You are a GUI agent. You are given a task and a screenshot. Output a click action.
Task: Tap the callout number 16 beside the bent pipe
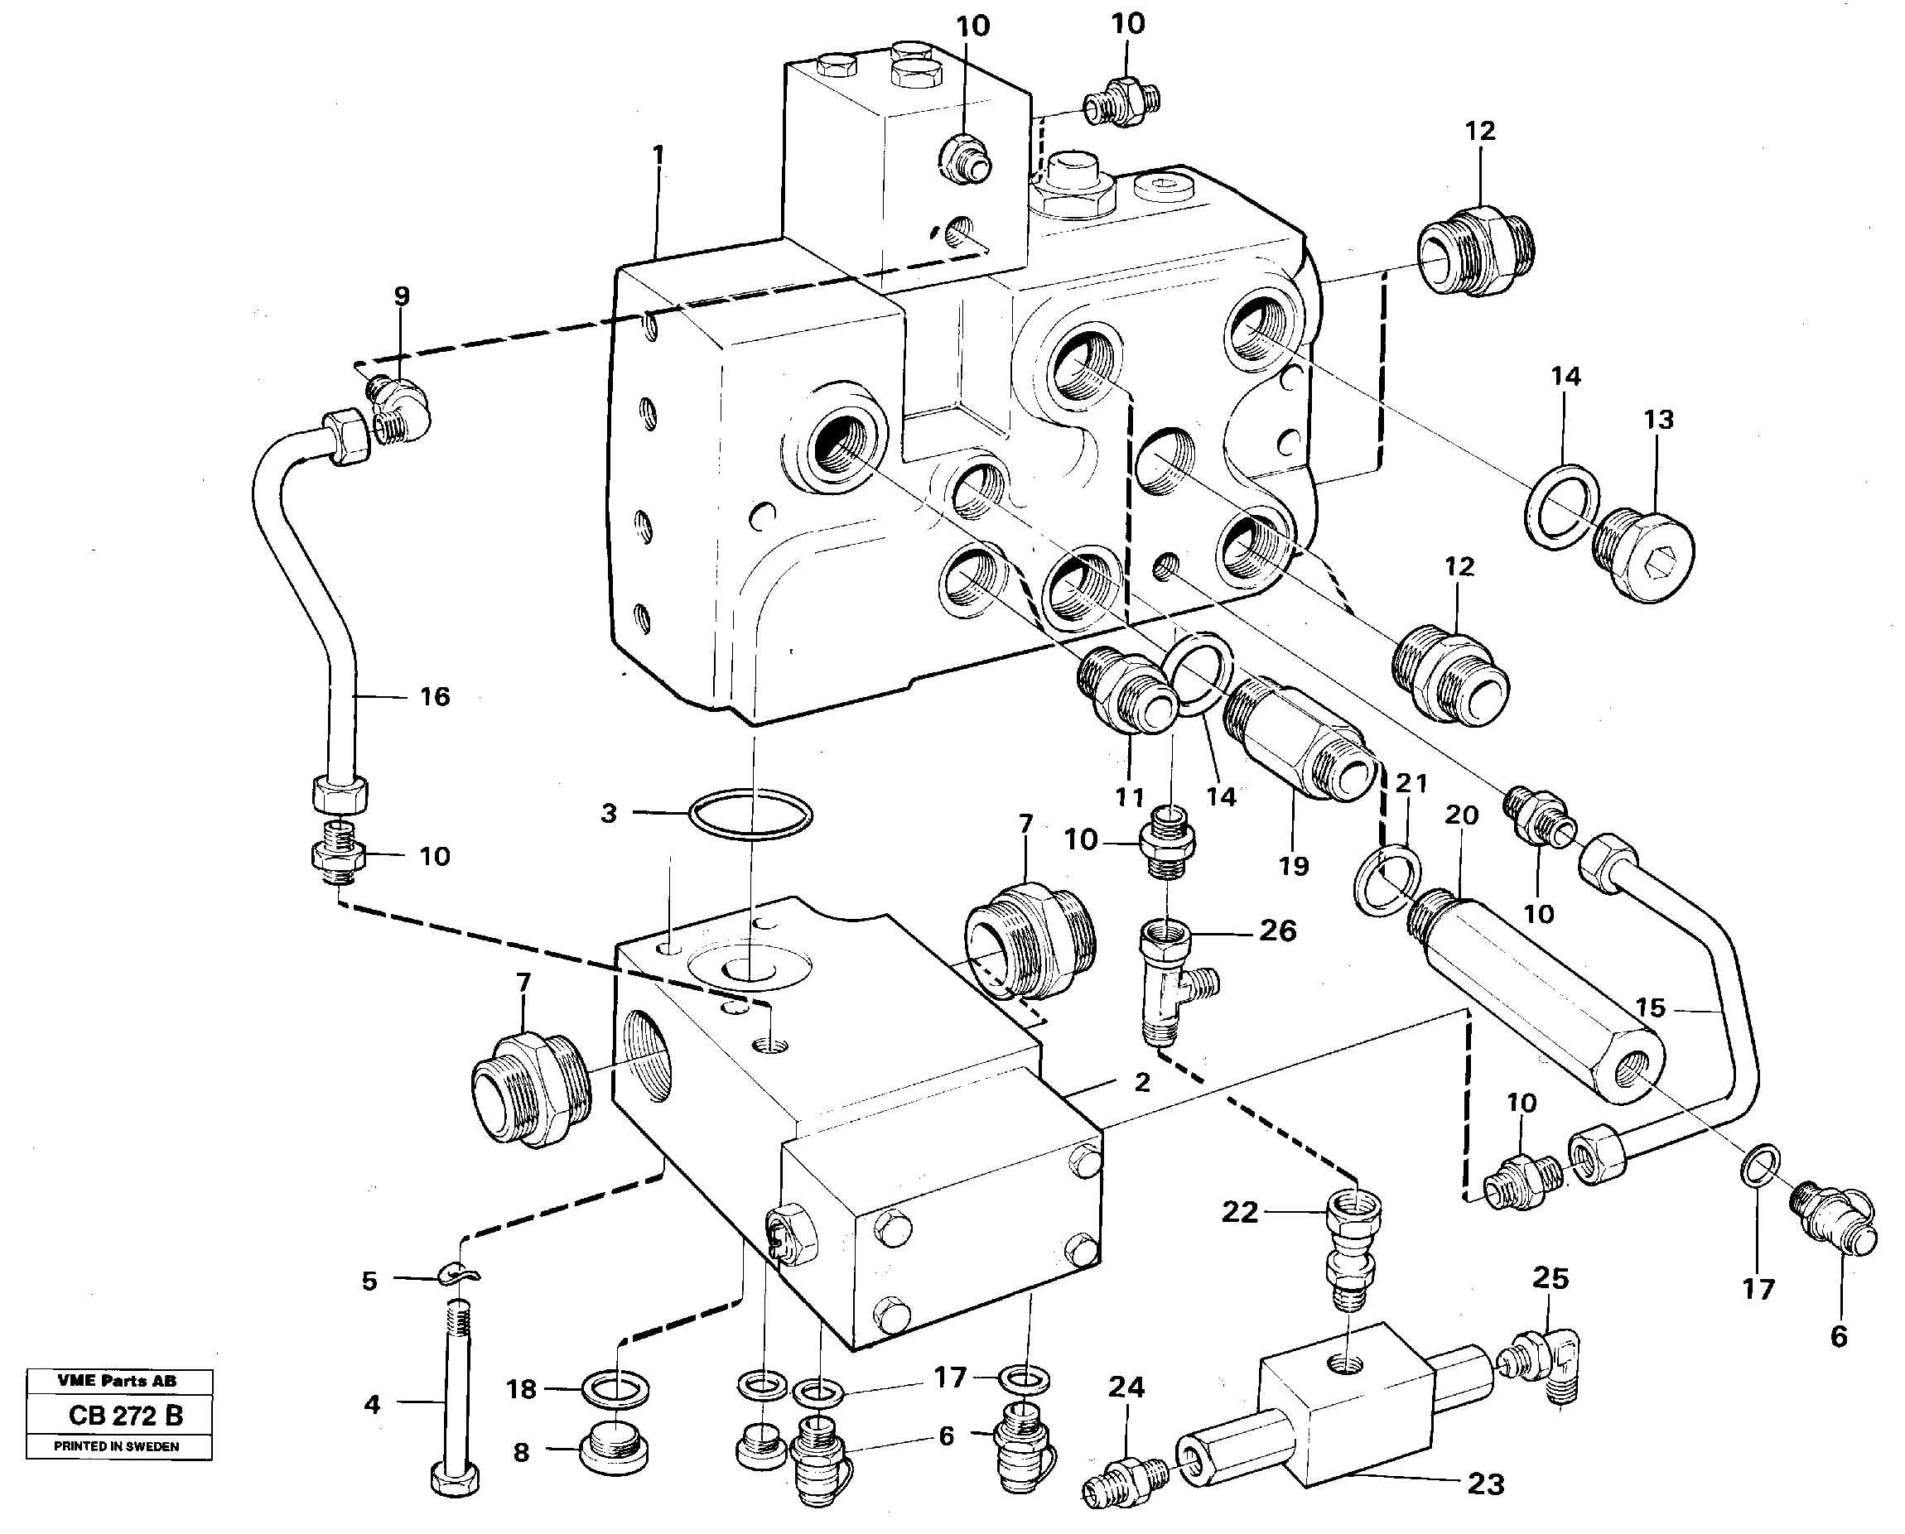434,696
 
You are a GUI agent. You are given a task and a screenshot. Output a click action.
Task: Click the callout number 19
1293,865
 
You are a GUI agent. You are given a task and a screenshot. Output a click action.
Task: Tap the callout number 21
1411,783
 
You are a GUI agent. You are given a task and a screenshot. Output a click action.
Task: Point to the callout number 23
1485,1484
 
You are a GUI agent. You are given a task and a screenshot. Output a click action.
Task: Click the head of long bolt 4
456,1479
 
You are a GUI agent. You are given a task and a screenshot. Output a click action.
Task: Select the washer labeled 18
616,1389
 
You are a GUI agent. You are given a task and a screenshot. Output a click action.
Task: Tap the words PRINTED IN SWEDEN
117,1446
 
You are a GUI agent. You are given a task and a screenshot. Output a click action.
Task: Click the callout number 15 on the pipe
1650,1007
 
